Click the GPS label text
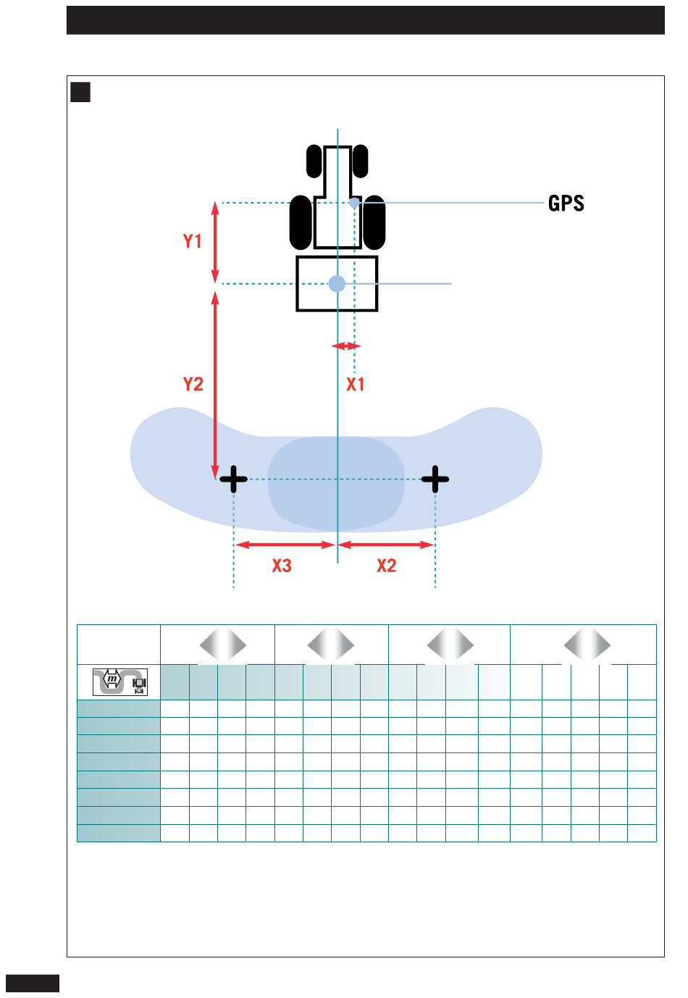coord(566,204)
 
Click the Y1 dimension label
coord(193,241)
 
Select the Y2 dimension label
coord(193,384)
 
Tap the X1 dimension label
coord(355,384)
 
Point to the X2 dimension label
coord(386,566)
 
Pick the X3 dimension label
coord(282,566)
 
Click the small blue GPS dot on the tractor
coord(354,204)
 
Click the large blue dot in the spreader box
coord(337,283)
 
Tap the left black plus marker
coord(233,479)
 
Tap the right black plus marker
coord(435,479)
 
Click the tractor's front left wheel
coord(314,161)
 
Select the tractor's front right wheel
coord(360,161)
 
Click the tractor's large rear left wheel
coord(301,222)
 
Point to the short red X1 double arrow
coord(345,345)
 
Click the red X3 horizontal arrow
coord(285,545)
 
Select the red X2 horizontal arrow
coord(385,545)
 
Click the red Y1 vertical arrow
coord(215,242)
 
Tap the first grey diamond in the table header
coord(223,645)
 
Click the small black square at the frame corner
coord(80,92)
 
